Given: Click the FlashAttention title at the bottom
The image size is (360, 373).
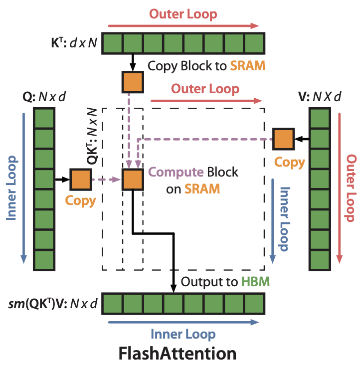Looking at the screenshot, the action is (x=178, y=354).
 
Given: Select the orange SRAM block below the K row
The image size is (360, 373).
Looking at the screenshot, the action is (x=133, y=82).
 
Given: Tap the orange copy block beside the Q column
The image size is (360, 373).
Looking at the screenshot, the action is (x=81, y=180).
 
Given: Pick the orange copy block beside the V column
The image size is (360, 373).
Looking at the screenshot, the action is (x=283, y=139).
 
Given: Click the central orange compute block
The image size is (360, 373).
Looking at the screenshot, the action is (x=133, y=180).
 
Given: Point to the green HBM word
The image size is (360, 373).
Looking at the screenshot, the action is (x=256, y=282).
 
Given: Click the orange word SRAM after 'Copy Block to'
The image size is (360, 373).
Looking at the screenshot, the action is (x=248, y=66).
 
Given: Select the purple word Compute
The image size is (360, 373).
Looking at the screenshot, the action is (x=176, y=173).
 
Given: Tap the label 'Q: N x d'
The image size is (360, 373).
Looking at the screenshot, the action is (x=44, y=97).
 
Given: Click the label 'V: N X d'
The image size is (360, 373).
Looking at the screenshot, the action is (x=320, y=97).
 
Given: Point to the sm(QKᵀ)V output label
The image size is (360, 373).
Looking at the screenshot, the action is (x=53, y=304).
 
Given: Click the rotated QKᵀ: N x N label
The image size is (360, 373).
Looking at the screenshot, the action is (x=92, y=136).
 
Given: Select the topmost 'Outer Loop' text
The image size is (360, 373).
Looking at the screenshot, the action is (x=183, y=14).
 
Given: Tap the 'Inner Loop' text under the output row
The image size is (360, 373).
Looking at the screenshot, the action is (x=183, y=334).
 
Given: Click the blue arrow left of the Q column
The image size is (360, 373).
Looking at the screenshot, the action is (x=23, y=188).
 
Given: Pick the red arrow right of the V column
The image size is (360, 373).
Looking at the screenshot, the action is (x=340, y=188).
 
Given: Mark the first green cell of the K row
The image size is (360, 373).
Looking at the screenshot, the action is (x=112, y=43).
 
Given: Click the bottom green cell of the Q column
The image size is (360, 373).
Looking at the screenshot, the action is (x=44, y=260).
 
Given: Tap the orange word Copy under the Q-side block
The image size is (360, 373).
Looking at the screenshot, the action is (x=80, y=201).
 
